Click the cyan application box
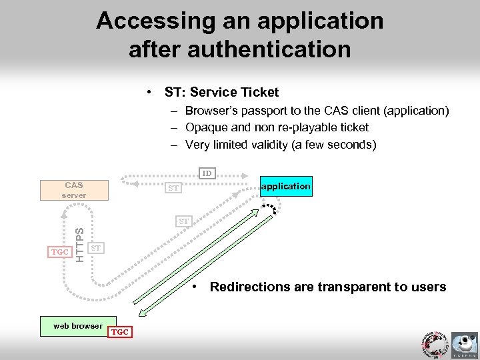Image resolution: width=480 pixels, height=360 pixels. pyautogui.click(x=285, y=186)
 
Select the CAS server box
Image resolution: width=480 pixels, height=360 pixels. pyautogui.click(x=74, y=189)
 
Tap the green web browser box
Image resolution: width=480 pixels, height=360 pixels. pyautogui.click(x=78, y=326)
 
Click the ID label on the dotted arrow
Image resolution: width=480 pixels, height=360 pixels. pyautogui.click(x=207, y=173)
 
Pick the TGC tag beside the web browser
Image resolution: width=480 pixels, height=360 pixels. pyautogui.click(x=120, y=331)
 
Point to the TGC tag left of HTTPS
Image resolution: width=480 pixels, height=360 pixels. pyautogui.click(x=60, y=252)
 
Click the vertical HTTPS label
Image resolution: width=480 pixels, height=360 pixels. pyautogui.click(x=79, y=245)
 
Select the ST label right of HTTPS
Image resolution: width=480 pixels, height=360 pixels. pyautogui.click(x=96, y=248)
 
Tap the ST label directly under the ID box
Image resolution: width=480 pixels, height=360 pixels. pyautogui.click(x=173, y=189)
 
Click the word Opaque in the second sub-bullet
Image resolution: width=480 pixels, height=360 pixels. pyautogui.click(x=204, y=127)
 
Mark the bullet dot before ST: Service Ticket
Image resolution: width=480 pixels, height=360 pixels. pyautogui.click(x=153, y=92)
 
